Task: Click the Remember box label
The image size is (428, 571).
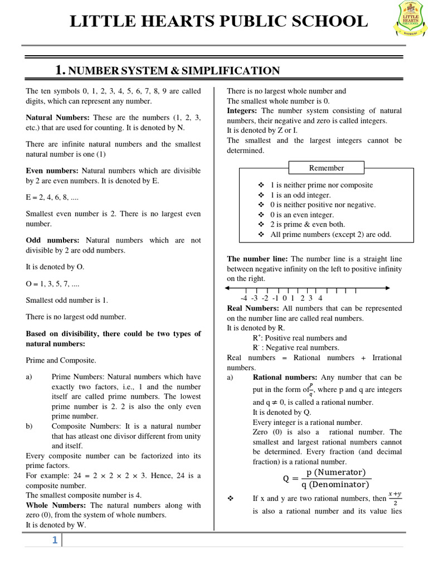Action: pyautogui.click(x=327, y=168)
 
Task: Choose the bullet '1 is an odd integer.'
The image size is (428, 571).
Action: pyautogui.click(x=300, y=195)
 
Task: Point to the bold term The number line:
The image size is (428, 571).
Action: pyautogui.click(x=257, y=259)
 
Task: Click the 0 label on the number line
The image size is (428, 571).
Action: pyautogui.click(x=285, y=298)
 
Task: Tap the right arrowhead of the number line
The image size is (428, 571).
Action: pyautogui.click(x=387, y=288)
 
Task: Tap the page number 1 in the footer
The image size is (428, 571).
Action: pyautogui.click(x=55, y=540)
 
